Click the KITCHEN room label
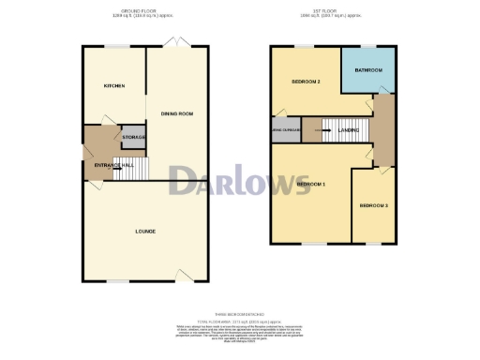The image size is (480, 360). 114,85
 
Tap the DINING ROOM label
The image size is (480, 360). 176,113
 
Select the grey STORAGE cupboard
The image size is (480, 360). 134,138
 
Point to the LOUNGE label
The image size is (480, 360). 144,231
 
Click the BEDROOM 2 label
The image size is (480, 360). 306,82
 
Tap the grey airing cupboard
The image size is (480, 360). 285,130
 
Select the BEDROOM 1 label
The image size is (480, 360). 310,185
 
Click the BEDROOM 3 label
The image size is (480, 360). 373,204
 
